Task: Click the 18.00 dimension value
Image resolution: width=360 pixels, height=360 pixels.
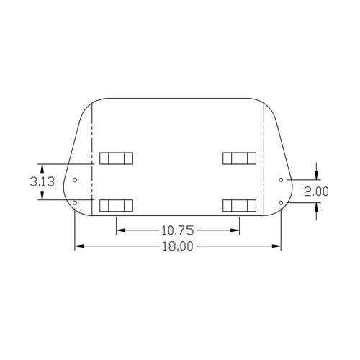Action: tap(178, 246)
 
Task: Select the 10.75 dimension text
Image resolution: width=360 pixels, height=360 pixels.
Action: tap(177, 230)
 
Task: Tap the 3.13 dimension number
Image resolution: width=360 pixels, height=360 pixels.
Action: tap(42, 181)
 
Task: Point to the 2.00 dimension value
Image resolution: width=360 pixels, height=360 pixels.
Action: tap(316, 192)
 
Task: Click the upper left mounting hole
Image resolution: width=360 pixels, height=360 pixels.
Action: tap(75, 180)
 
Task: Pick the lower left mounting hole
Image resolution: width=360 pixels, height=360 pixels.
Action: tap(75, 203)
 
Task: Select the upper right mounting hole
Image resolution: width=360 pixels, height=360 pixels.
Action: tap(281, 180)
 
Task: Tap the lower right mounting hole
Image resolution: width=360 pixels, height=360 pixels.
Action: tap(281, 203)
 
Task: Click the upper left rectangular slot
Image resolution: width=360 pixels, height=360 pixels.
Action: tap(116, 158)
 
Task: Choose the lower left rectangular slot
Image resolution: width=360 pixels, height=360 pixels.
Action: tap(116, 205)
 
